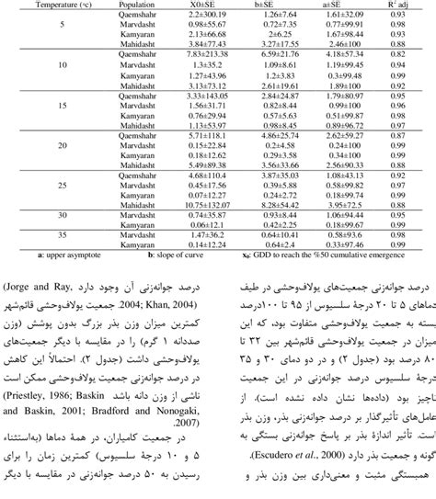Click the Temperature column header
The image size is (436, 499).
(x=42, y=5)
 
